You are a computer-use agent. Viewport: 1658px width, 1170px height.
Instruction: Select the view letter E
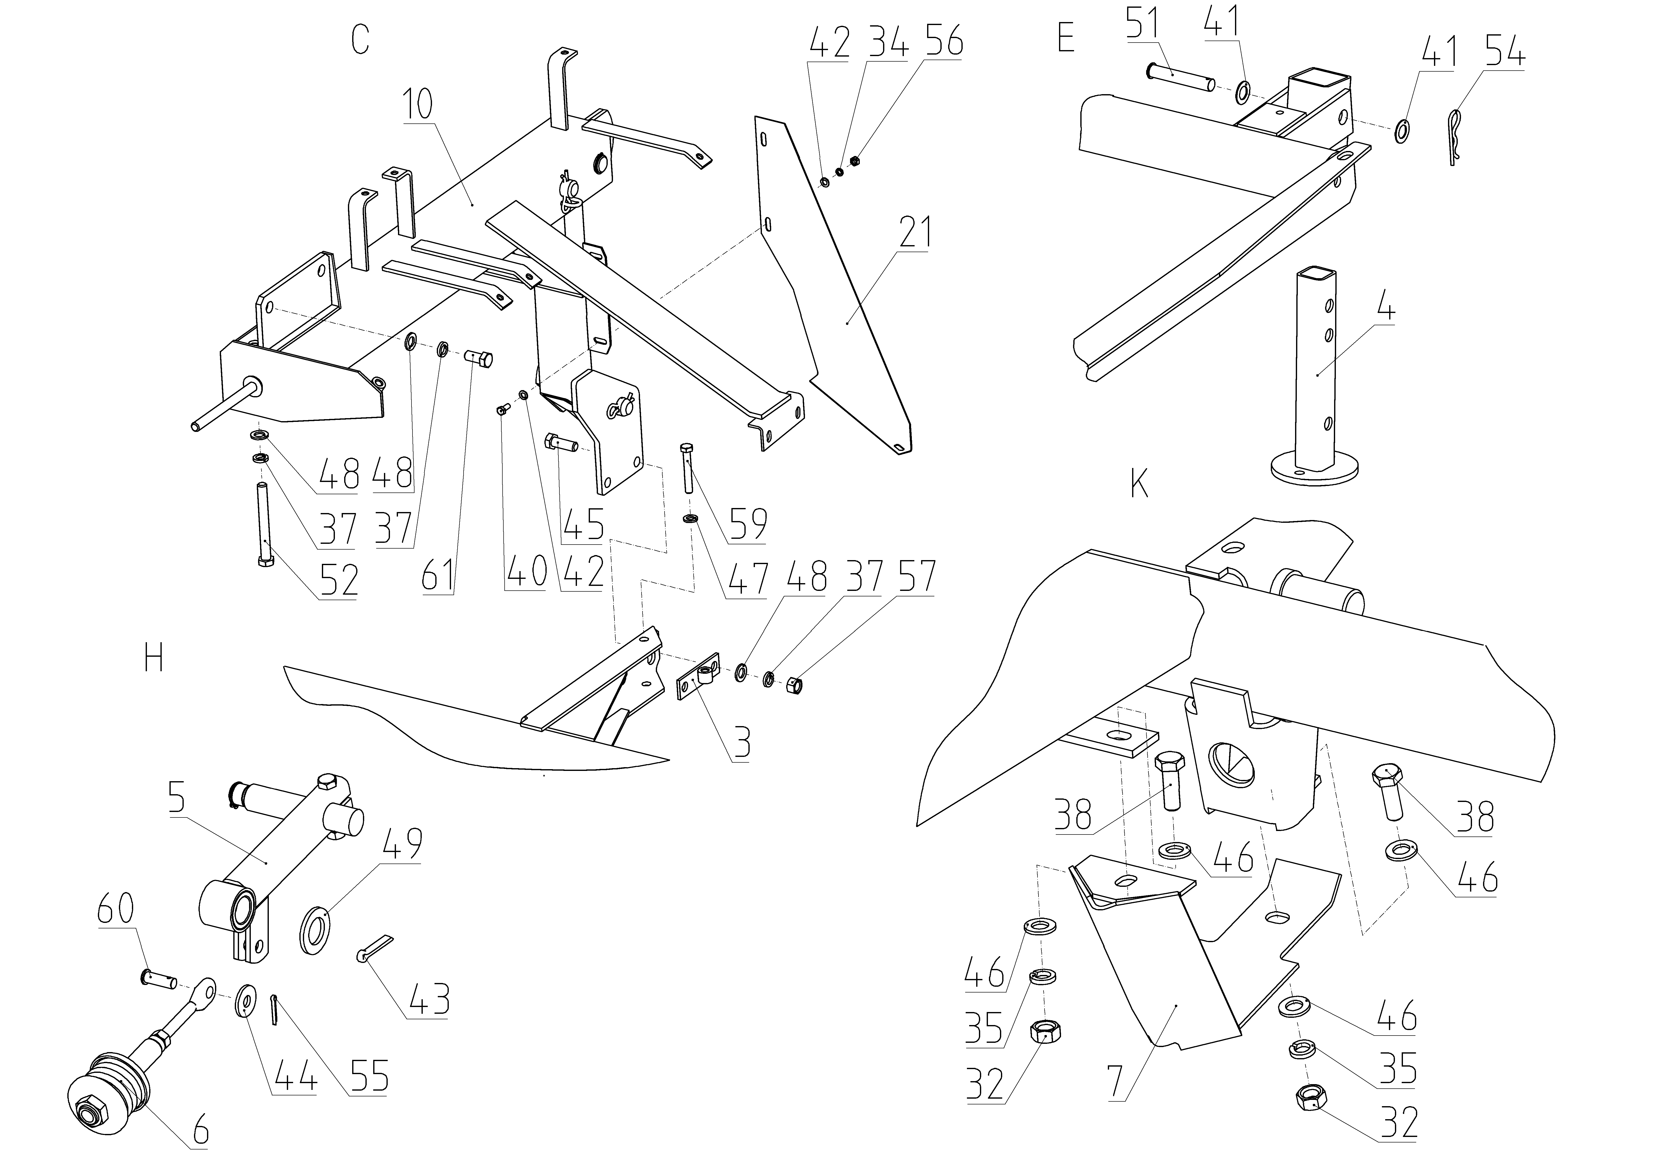tap(1066, 38)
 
